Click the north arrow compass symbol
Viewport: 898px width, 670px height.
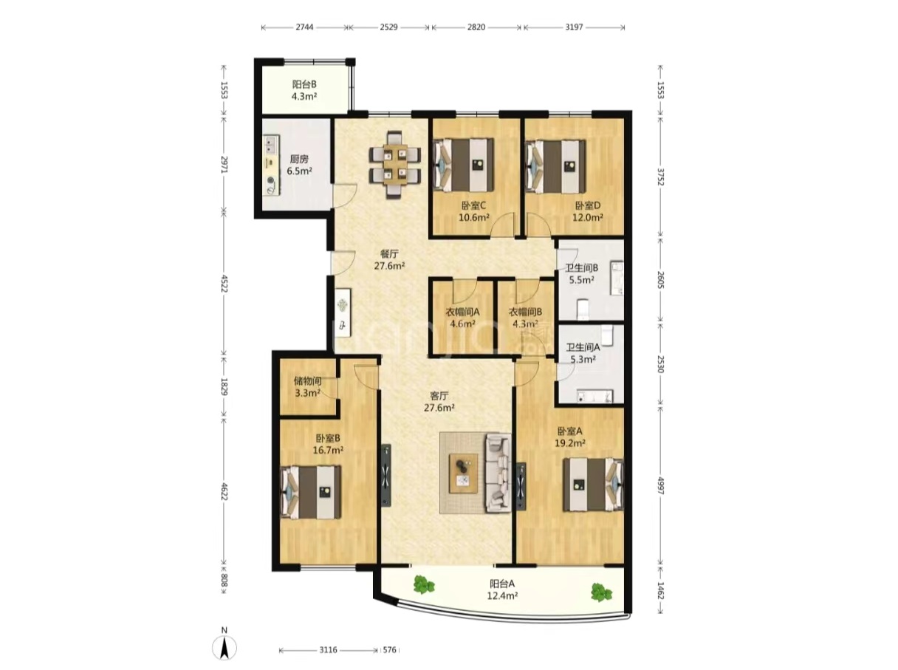(224, 648)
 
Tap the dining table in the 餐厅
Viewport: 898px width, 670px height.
(395, 165)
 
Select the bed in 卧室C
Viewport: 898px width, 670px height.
(464, 165)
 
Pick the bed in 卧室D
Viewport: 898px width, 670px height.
(555, 165)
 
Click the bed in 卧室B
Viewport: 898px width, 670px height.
(310, 492)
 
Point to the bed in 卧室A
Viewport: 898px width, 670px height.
(593, 485)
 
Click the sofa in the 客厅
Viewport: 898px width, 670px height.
(498, 474)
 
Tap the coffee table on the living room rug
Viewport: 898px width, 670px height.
(463, 474)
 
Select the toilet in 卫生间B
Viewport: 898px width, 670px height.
(582, 310)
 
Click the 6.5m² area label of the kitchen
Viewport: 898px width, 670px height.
(299, 171)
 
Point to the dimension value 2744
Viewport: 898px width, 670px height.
(304, 27)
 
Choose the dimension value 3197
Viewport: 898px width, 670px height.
(574, 27)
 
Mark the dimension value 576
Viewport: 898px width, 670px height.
(389, 649)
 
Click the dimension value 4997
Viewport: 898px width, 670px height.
(659, 485)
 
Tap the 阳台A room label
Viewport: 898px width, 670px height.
(502, 584)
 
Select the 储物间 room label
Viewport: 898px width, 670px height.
(307, 381)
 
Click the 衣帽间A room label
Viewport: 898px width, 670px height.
(462, 312)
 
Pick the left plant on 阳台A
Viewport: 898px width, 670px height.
(423, 584)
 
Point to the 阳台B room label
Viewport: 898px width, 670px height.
(304, 85)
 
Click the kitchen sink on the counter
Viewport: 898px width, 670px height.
(271, 143)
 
